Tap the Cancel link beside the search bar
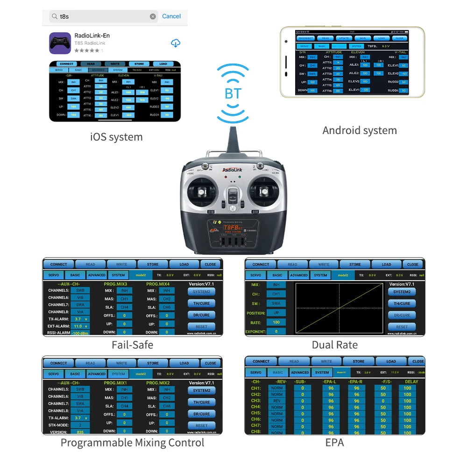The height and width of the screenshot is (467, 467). pyautogui.click(x=171, y=16)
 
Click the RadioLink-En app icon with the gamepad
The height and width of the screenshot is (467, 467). pyautogui.click(x=60, y=43)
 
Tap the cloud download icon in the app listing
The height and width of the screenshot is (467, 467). pyautogui.click(x=176, y=43)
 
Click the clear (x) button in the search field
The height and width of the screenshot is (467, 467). pyautogui.click(x=153, y=16)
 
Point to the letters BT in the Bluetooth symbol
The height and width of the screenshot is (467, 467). pyautogui.click(x=233, y=93)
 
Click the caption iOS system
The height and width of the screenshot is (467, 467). pyautogui.click(x=116, y=137)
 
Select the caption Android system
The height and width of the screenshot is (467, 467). pyautogui.click(x=360, y=130)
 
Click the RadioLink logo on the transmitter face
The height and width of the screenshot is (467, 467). pyautogui.click(x=233, y=170)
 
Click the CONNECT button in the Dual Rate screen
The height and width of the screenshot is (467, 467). pyautogui.click(x=261, y=264)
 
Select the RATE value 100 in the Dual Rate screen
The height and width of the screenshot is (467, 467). pyautogui.click(x=276, y=322)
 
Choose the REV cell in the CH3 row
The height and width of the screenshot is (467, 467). pyautogui.click(x=277, y=401)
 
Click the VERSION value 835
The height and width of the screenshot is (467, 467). pyautogui.click(x=80, y=432)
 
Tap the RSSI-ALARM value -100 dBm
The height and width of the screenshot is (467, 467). pyautogui.click(x=80, y=333)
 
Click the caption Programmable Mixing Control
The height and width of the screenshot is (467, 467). pyautogui.click(x=132, y=443)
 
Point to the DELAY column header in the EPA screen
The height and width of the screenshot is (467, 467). pyautogui.click(x=411, y=382)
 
